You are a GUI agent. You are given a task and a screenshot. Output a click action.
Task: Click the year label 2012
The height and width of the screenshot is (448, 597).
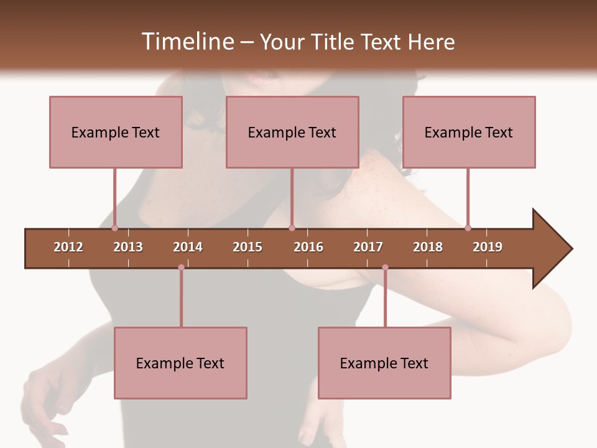pos(68,247)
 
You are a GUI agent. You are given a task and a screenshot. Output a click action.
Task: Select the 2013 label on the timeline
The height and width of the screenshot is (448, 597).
pos(128,247)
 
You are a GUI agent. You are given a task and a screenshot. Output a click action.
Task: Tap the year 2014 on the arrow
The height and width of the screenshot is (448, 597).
pos(188,247)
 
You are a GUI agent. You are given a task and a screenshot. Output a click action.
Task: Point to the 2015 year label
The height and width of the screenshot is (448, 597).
pos(248,247)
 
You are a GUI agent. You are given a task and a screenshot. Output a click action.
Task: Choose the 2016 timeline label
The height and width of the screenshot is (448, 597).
pos(308,247)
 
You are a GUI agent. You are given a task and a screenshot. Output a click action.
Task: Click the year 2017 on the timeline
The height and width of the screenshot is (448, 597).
pos(368,247)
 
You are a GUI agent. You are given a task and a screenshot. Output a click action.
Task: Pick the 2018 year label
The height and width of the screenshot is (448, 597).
pos(428,247)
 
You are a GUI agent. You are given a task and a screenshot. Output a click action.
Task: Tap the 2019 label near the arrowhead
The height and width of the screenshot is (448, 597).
pos(488,247)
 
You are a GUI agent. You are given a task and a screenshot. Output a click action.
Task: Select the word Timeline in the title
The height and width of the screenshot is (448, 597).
pos(187,42)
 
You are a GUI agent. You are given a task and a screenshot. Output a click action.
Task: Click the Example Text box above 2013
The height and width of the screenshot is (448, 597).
pos(116,132)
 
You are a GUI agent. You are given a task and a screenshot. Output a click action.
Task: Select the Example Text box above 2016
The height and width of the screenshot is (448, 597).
pos(292,132)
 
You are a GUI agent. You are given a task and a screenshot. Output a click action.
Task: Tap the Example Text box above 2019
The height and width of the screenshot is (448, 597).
pos(469,132)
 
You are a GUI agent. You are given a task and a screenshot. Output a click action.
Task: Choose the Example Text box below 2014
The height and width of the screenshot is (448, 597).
pos(180,363)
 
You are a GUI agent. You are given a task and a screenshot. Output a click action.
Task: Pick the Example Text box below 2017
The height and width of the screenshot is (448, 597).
pos(384,363)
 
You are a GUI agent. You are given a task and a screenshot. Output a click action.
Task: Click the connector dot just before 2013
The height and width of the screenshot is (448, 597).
pos(114,228)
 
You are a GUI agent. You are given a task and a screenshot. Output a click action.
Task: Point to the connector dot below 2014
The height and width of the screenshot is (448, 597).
pos(181,268)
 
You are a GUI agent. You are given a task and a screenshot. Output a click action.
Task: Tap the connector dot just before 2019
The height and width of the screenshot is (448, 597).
pos(468,228)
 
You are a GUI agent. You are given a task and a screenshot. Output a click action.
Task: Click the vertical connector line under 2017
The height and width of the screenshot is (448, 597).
pos(385,299)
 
